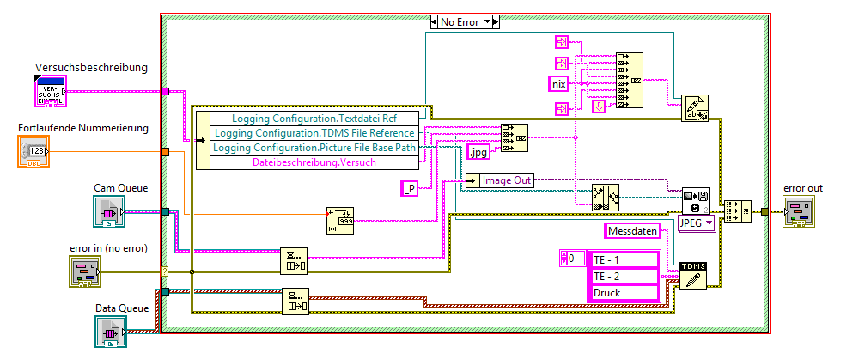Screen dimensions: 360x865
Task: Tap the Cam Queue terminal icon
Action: coord(109,211)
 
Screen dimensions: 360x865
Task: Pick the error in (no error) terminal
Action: coord(86,272)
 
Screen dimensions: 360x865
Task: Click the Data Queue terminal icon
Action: coord(111,332)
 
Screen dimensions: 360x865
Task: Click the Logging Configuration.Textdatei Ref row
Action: coord(313,119)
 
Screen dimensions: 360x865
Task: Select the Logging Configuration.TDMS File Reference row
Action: coord(313,133)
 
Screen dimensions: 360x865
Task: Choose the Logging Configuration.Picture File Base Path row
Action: coord(313,148)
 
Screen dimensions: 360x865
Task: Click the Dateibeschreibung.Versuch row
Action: coord(313,162)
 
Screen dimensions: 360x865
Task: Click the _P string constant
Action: coord(411,189)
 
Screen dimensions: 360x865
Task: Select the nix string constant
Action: coord(560,84)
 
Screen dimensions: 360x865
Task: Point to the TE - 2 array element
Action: coord(623,276)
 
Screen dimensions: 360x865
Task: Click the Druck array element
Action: coord(623,292)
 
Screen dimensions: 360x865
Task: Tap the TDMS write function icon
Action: coord(693,274)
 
